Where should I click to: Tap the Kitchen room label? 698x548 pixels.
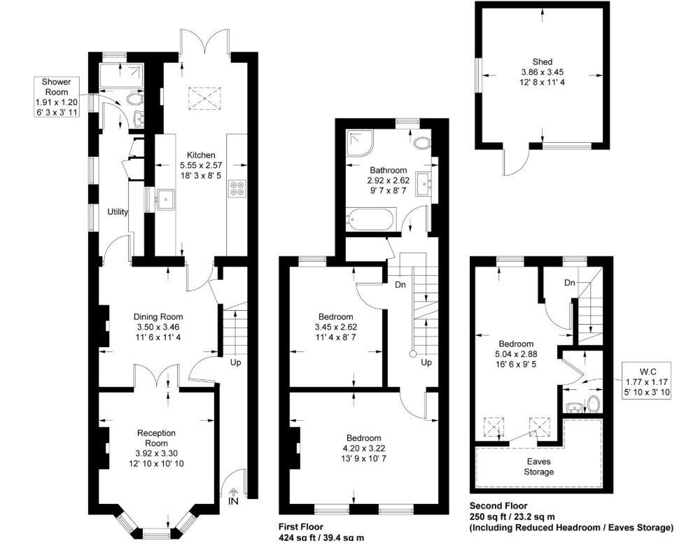tap(200, 155)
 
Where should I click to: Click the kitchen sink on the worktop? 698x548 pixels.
tap(166, 199)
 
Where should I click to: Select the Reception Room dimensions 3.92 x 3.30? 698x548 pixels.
tap(156, 453)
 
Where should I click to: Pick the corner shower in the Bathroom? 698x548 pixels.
tap(358, 143)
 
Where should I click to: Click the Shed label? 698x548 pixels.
tap(542, 62)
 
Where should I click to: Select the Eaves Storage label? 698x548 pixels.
tap(540, 466)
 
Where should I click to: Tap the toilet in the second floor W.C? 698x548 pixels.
tap(594, 404)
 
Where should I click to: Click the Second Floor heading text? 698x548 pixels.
tap(498, 506)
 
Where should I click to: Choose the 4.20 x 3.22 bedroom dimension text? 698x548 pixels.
tap(363, 448)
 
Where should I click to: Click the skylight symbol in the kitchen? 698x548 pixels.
tap(204, 99)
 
